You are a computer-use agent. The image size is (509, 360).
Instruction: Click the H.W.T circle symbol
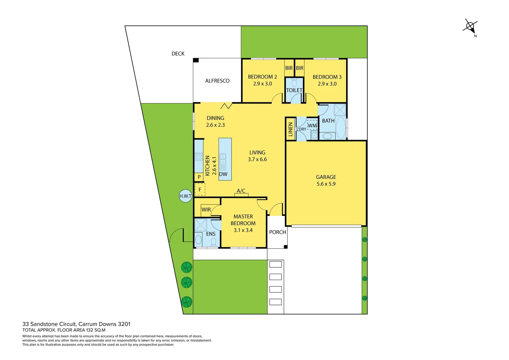[186, 196]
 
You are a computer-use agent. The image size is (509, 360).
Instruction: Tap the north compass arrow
[470, 26]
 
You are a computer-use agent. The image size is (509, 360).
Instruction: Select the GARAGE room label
[326, 177]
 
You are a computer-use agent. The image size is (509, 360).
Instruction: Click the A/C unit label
[241, 191]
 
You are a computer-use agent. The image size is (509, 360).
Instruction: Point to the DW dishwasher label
[223, 174]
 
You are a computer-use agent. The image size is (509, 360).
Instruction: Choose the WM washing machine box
[312, 125]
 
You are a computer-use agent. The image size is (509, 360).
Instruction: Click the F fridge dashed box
[200, 189]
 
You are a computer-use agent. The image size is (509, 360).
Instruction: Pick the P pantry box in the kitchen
[199, 177]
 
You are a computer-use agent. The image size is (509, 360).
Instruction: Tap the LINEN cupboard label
[290, 129]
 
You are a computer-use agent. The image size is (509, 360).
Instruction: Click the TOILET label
[294, 90]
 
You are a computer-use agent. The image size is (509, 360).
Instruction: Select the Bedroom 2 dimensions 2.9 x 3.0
[262, 84]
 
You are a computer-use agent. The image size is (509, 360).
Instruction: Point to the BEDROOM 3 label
[327, 77]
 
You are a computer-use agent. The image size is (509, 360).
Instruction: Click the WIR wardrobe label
[206, 210]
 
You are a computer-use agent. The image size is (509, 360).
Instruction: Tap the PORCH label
[277, 232]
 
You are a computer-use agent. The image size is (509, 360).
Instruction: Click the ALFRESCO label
[217, 81]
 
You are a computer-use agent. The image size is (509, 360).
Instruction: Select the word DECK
[178, 54]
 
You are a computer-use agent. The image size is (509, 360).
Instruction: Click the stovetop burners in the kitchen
[199, 156]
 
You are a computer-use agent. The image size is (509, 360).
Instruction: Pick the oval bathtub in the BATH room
[340, 128]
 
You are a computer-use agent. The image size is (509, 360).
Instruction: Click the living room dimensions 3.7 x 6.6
[257, 159]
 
